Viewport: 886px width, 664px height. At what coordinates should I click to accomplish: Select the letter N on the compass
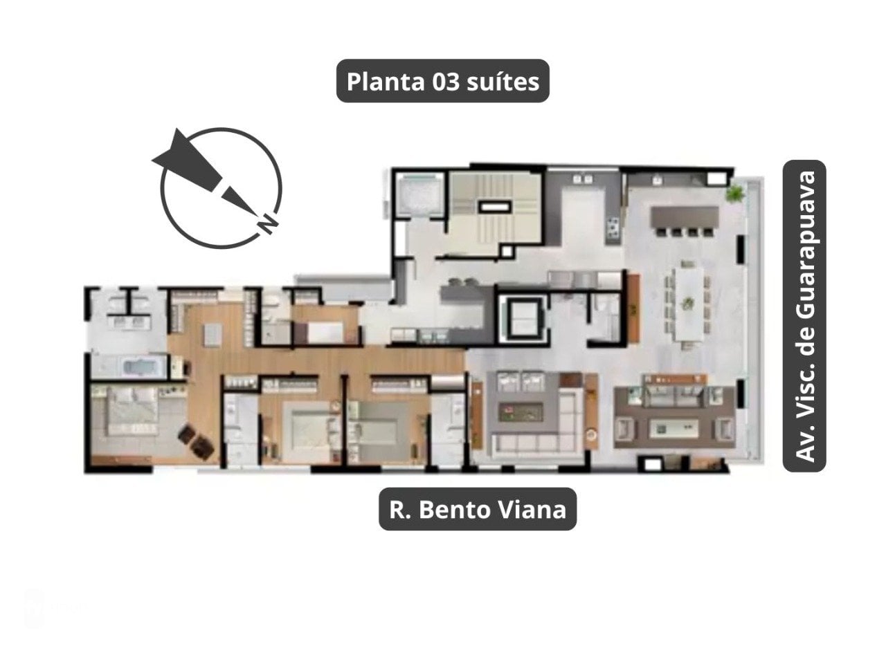coord(266,223)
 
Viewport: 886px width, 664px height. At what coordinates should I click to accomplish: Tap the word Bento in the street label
coord(456,510)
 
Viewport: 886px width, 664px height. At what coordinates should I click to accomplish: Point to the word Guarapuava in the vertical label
coord(804,248)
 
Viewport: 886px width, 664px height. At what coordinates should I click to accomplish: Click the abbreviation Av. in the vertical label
coord(804,442)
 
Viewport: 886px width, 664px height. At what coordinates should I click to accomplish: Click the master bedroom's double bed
coord(132,414)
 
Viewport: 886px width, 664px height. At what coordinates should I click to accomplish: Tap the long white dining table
coord(688,303)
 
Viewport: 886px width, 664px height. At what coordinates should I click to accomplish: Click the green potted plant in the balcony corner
coord(734,193)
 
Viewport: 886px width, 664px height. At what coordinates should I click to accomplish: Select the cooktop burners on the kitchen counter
coord(613,226)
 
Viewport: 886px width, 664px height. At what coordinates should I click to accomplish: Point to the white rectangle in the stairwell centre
coord(494,206)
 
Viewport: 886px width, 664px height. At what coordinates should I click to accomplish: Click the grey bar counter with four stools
coord(684,217)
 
